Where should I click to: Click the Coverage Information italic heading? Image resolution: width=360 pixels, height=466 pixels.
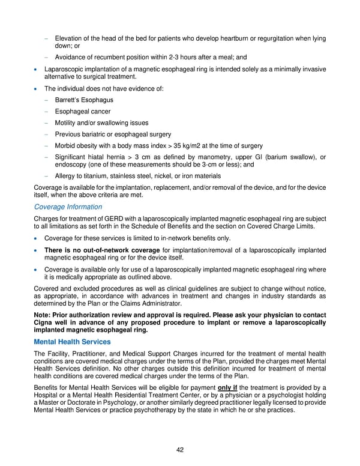click(x=68, y=207)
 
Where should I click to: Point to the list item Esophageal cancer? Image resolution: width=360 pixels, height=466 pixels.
click(x=82, y=111)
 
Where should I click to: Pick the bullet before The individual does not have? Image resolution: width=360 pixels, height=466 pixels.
click(x=37, y=88)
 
